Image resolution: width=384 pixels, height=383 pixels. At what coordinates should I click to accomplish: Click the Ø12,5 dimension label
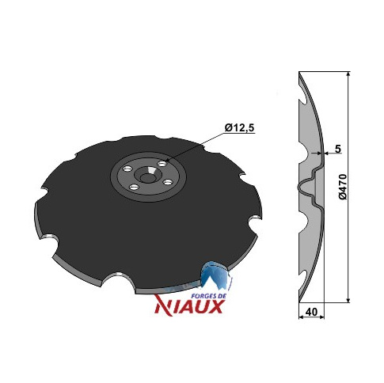[x=239, y=128]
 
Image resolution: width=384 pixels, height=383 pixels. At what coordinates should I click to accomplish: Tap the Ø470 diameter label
[x=343, y=187]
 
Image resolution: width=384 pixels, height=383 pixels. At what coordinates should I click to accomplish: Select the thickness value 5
[x=338, y=149]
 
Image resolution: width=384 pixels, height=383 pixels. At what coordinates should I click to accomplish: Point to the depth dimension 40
[x=311, y=312]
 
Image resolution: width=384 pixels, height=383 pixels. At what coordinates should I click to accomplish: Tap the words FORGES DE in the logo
[x=209, y=296]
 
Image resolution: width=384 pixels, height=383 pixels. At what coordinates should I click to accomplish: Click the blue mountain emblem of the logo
[x=215, y=275]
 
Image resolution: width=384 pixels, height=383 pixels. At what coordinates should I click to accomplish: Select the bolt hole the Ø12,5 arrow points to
[x=162, y=164]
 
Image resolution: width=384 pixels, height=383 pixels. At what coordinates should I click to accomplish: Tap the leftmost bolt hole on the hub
[x=127, y=169]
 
